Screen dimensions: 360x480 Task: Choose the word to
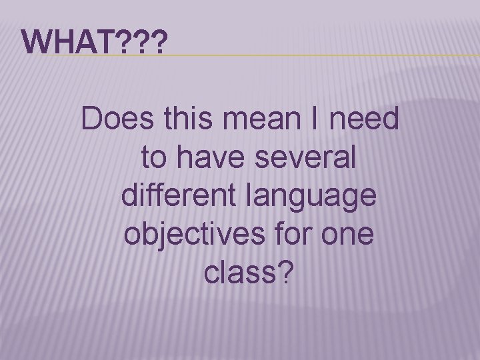154,159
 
